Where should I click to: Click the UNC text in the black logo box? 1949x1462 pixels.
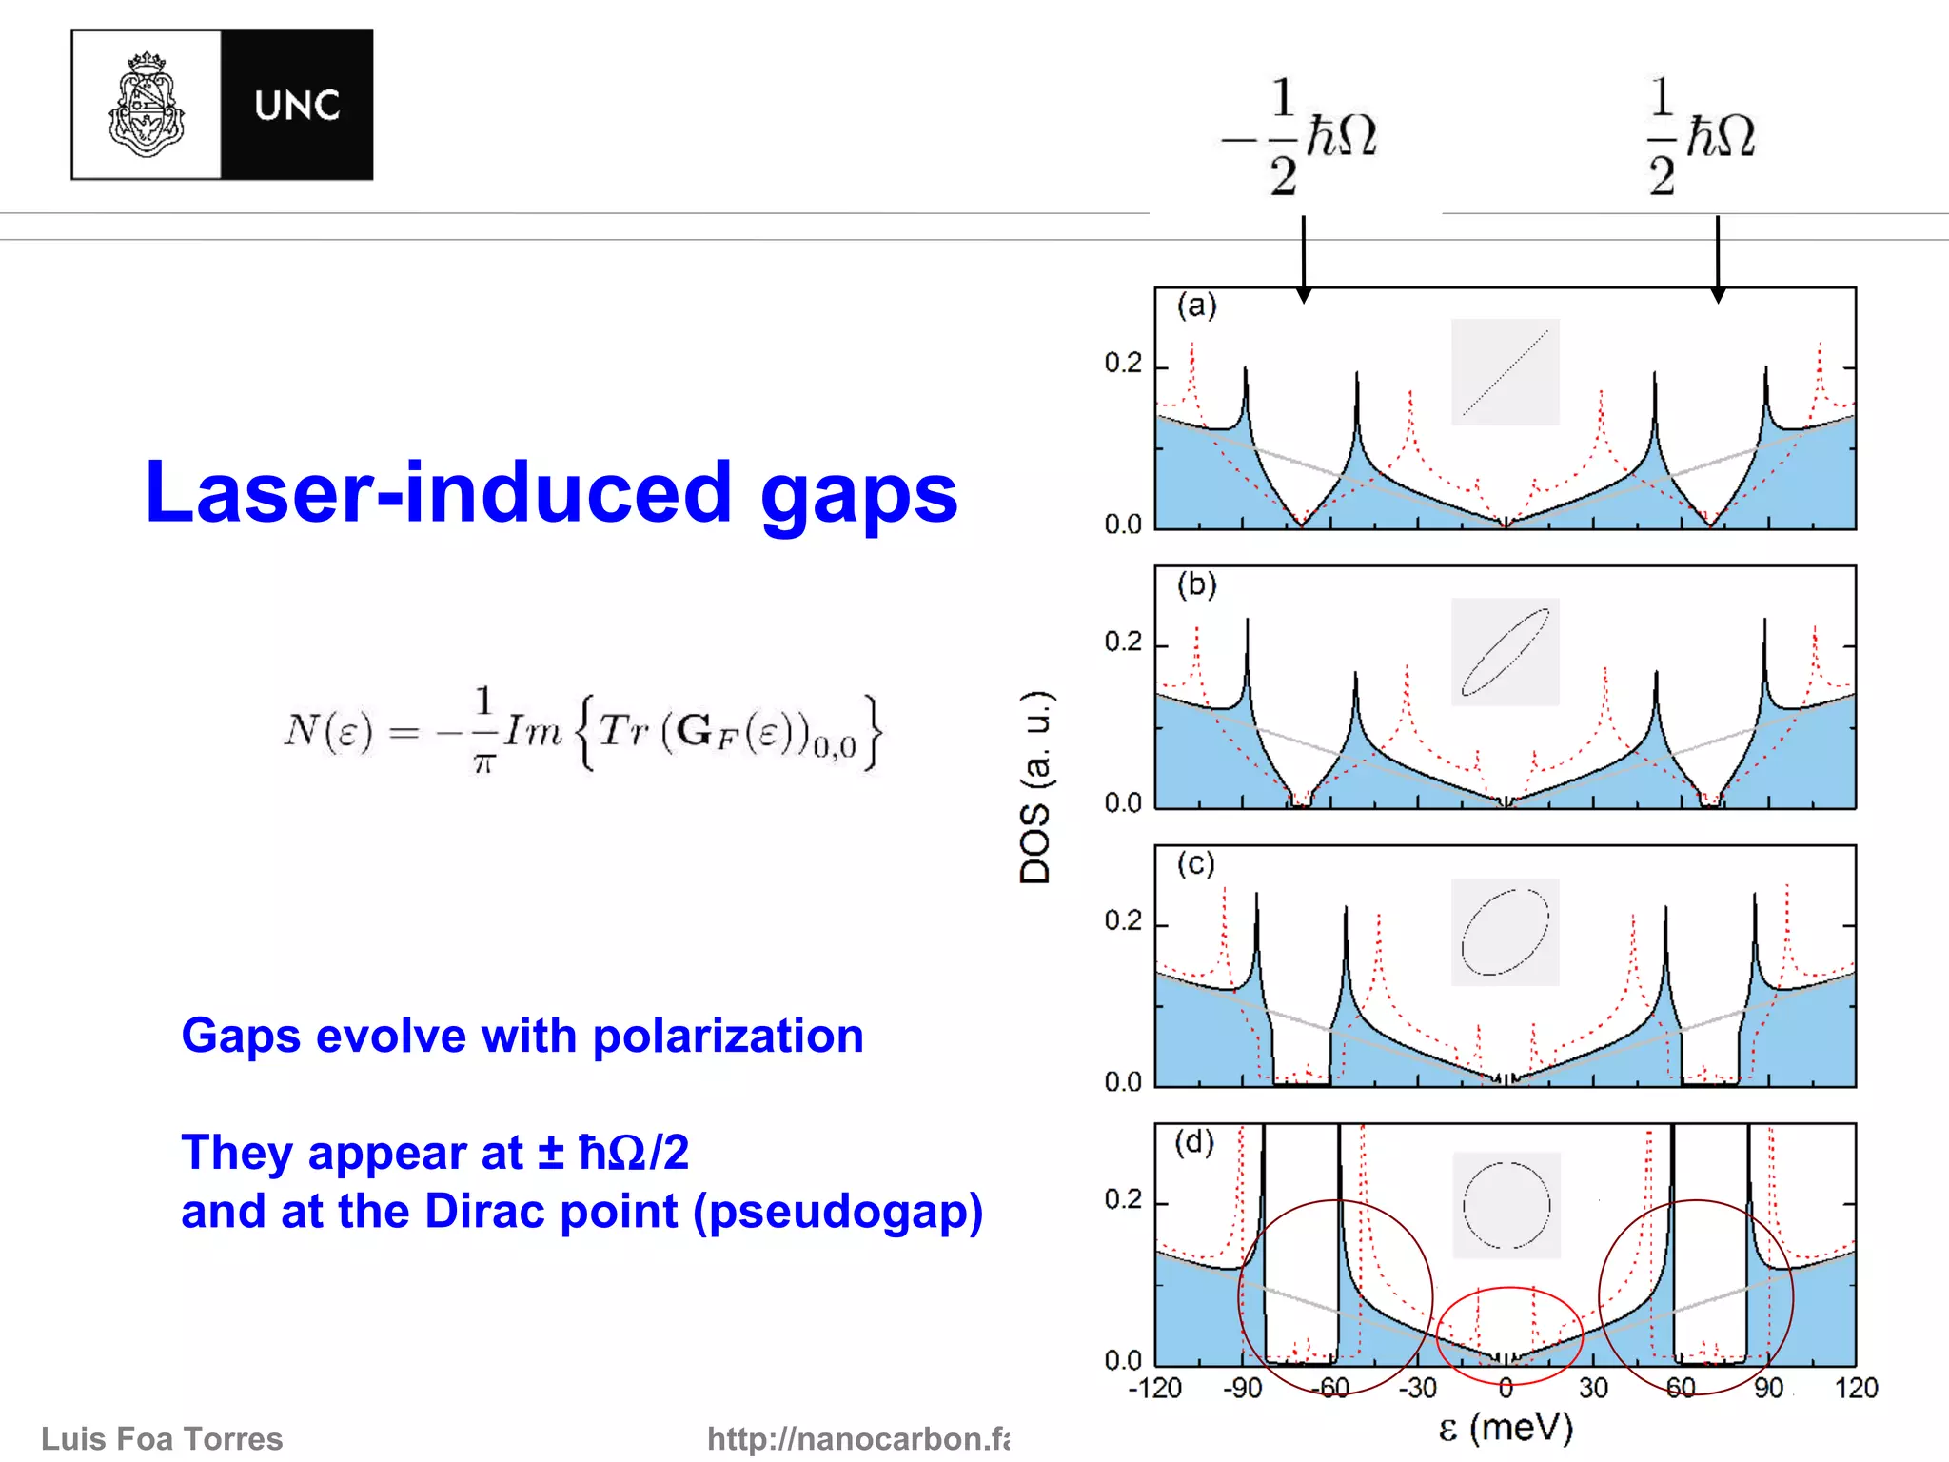[297, 106]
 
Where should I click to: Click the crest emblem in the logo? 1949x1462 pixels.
[147, 105]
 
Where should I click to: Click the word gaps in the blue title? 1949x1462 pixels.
[858, 495]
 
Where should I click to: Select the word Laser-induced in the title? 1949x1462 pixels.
[438, 492]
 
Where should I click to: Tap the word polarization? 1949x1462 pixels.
[728, 1036]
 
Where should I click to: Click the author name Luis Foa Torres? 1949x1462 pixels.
[162, 1438]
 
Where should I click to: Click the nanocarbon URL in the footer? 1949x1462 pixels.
[856, 1438]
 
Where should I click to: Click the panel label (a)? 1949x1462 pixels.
[1196, 306]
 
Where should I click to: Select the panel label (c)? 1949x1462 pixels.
[1195, 863]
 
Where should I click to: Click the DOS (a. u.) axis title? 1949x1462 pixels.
[1035, 786]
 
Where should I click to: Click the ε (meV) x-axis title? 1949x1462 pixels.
[1506, 1428]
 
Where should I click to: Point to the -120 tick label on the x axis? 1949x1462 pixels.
[1154, 1388]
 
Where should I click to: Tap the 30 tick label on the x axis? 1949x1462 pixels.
[1593, 1388]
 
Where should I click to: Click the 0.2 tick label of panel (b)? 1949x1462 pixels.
[1123, 642]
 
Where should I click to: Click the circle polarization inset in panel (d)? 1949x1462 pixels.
[1506, 1205]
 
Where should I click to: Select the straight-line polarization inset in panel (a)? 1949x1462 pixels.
[1505, 372]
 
